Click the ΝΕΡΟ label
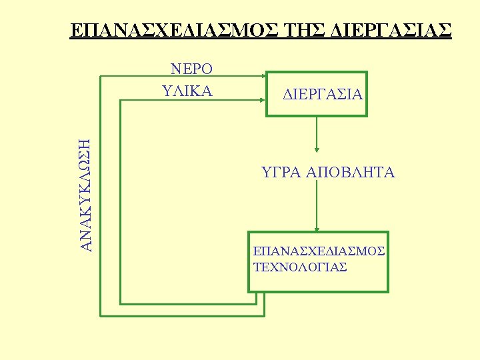(192, 69)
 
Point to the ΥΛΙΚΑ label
(187, 91)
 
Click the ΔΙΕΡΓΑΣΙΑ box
(317, 94)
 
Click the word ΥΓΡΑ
(281, 173)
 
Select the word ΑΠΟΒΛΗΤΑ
(351, 173)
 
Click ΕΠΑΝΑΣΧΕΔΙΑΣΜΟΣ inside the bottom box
(319, 251)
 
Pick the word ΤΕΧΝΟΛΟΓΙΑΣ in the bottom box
(300, 267)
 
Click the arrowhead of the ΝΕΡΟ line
(263, 76)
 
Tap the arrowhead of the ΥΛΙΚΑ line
(263, 100)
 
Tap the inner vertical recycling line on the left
(120, 200)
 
